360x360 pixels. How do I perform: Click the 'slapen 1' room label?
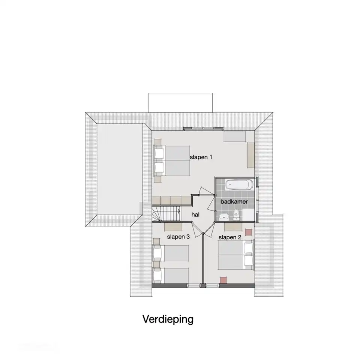point(201,157)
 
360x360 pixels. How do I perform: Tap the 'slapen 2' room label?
point(230,237)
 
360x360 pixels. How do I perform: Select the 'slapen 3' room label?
point(178,237)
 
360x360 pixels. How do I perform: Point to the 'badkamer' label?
point(234,202)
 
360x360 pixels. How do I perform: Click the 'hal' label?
point(195,214)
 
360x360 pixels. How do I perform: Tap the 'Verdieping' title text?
point(168,319)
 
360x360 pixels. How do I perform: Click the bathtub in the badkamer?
point(239,184)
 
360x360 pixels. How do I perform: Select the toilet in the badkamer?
point(236,214)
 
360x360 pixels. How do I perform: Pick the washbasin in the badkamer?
point(223,216)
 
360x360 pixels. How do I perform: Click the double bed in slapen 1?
point(172,161)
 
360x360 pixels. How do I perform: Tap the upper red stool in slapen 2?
point(249,232)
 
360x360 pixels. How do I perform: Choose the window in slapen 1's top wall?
point(203,128)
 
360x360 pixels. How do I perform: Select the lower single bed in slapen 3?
point(171,275)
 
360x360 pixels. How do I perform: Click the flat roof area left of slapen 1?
point(120,169)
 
